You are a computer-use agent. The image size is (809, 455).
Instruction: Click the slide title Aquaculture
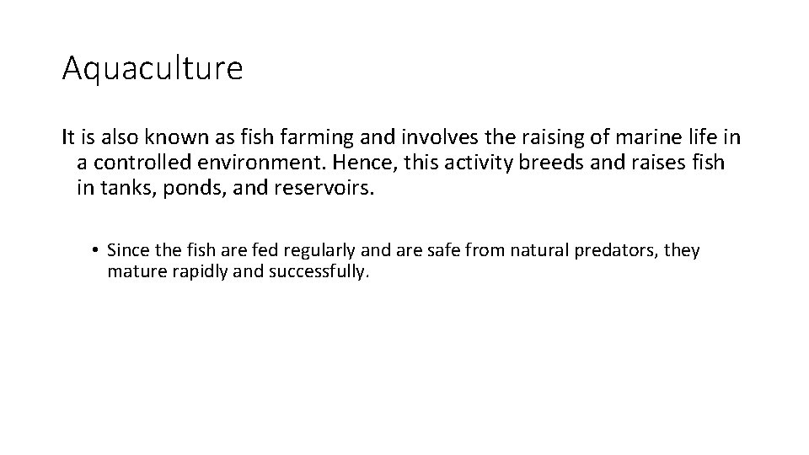152,68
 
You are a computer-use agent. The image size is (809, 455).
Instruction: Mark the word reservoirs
323,187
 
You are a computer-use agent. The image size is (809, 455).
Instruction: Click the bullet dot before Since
98,251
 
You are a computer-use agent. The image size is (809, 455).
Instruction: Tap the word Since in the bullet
127,250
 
